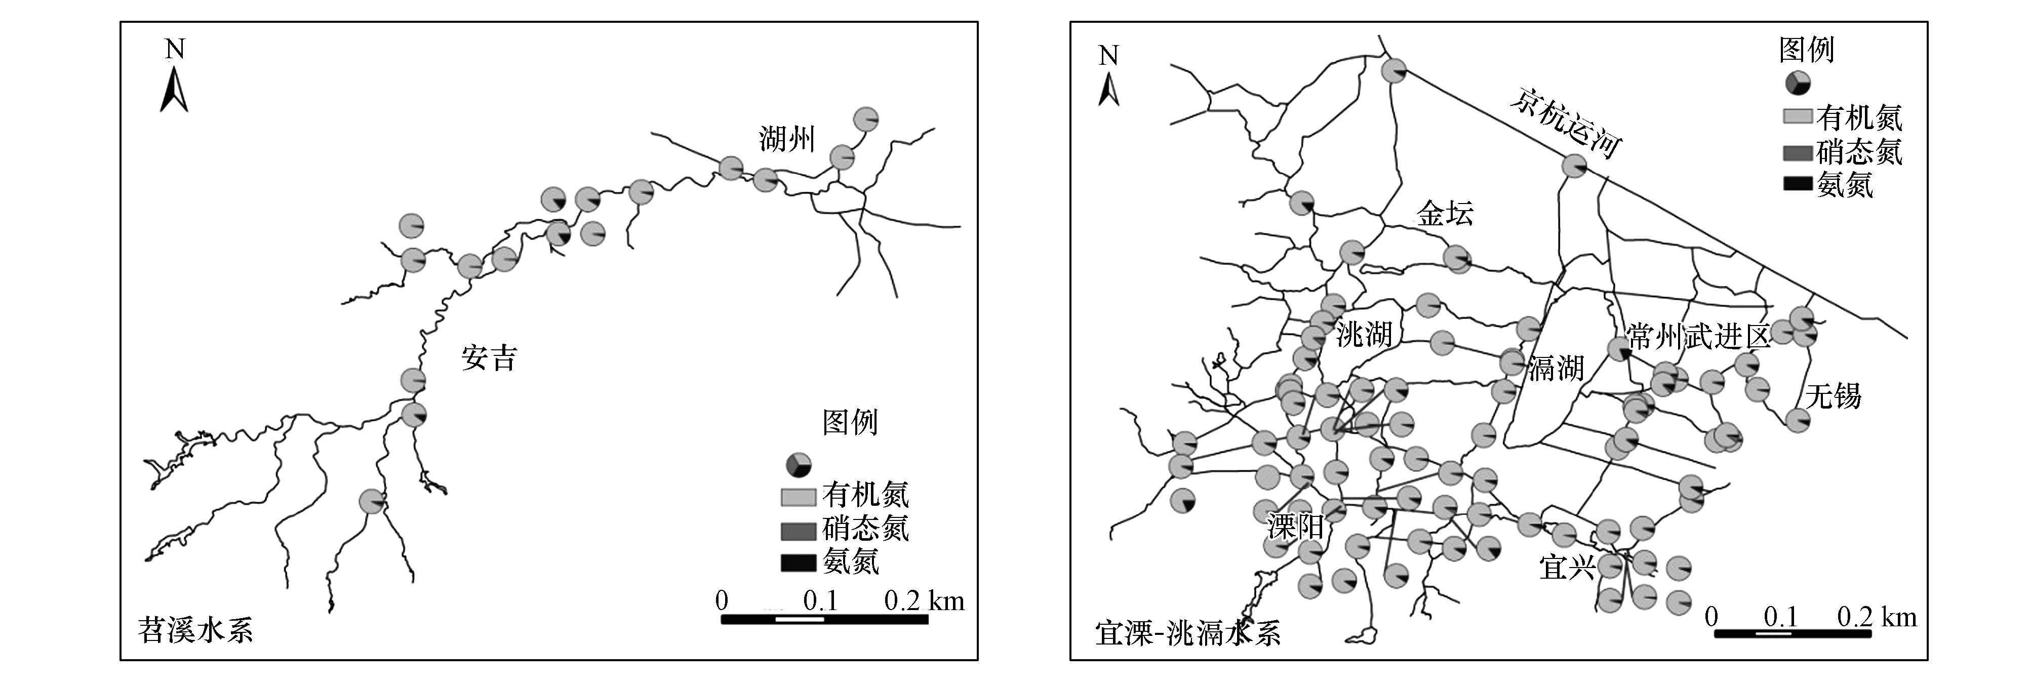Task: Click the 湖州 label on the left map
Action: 786,140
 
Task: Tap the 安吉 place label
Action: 489,358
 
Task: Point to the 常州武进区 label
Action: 1698,337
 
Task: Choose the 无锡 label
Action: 1833,396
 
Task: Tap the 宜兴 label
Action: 1567,566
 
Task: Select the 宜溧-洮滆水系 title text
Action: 1187,633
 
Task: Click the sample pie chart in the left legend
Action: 799,465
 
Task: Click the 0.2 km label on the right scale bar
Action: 1877,617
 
